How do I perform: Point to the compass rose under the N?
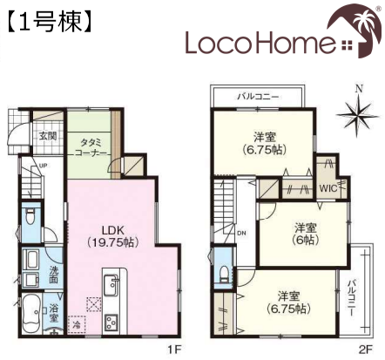pos(358,115)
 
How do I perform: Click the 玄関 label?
pos(48,135)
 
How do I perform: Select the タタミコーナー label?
pos(91,147)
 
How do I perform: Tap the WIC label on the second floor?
pos(328,188)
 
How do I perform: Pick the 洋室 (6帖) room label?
pos(306,234)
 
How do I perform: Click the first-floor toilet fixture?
pos(30,216)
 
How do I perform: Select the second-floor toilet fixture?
pos(224,274)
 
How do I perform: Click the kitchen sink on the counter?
pos(111,284)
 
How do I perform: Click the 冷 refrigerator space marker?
pos(77,324)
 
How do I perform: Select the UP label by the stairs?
pos(43,166)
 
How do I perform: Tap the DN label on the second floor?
pos(241,233)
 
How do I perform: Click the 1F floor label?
pos(174,350)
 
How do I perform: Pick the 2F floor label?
pos(366,350)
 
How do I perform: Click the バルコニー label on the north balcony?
pos(258,97)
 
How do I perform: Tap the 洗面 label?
pos(53,275)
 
